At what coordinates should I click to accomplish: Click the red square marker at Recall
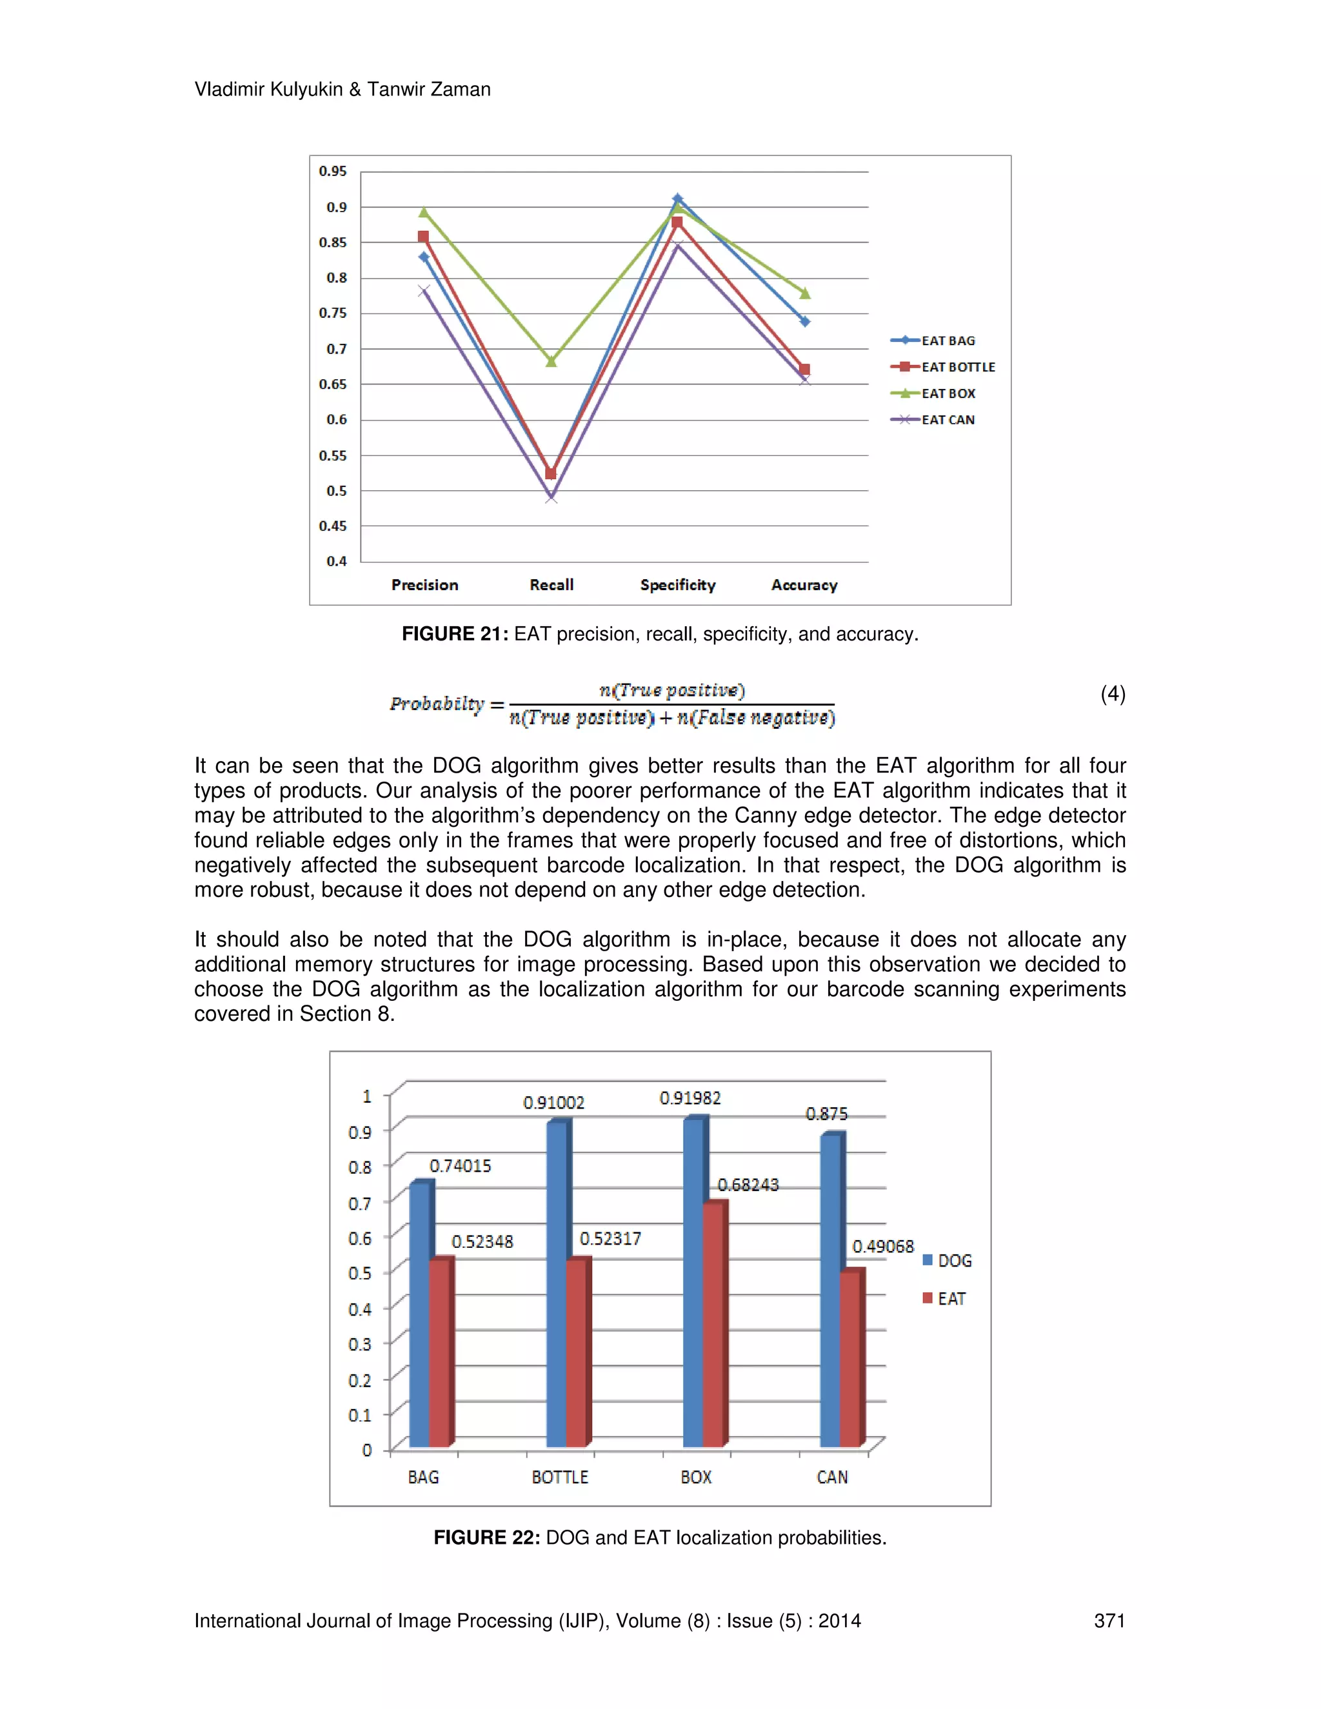point(550,474)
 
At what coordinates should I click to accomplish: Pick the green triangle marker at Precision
point(423,213)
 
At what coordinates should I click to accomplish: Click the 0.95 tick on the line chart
point(333,172)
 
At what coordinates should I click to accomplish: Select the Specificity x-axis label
point(678,586)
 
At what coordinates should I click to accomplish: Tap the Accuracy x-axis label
point(804,586)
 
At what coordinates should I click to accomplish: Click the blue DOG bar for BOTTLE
point(557,1283)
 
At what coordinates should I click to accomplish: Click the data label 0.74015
point(460,1167)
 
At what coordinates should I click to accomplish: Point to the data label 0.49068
point(883,1247)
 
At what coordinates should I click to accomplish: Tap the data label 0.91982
point(690,1099)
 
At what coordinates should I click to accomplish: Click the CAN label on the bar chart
point(832,1477)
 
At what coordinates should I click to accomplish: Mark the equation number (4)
point(1112,694)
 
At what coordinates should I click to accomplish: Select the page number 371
point(1109,1621)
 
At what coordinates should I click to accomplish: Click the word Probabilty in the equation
point(437,704)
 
